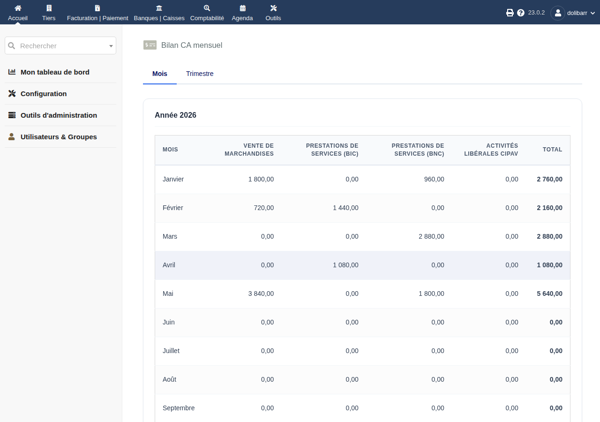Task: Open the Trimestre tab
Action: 200,74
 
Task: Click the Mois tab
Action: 160,74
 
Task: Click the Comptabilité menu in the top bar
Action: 207,13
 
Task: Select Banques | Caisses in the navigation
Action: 159,13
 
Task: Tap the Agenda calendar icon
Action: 242,8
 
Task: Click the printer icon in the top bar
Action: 510,13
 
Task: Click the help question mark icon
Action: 520,13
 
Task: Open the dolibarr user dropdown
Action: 573,13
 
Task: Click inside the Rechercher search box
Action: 60,46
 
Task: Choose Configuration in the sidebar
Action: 44,94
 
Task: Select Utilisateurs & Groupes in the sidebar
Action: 59,137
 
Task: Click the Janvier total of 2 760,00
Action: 549,179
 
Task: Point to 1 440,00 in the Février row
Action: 345,208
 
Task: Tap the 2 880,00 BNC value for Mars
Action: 431,237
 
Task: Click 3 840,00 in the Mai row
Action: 261,294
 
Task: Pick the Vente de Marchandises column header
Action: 249,150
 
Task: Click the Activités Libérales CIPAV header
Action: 491,150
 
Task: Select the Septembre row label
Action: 179,408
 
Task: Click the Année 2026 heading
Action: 175,115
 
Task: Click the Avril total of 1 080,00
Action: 549,265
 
